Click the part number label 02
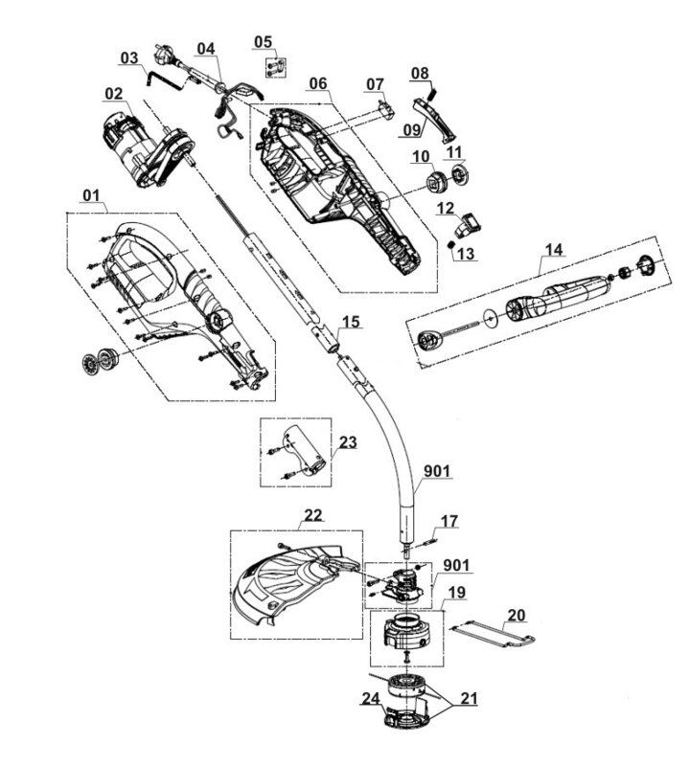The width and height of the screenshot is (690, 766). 114,93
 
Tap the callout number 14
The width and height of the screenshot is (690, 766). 554,250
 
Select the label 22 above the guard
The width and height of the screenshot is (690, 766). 313,515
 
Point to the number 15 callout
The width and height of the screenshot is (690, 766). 351,322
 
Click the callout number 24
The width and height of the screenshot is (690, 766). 371,699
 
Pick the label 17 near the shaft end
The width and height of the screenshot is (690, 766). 448,521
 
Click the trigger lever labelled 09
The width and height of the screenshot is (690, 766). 435,119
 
